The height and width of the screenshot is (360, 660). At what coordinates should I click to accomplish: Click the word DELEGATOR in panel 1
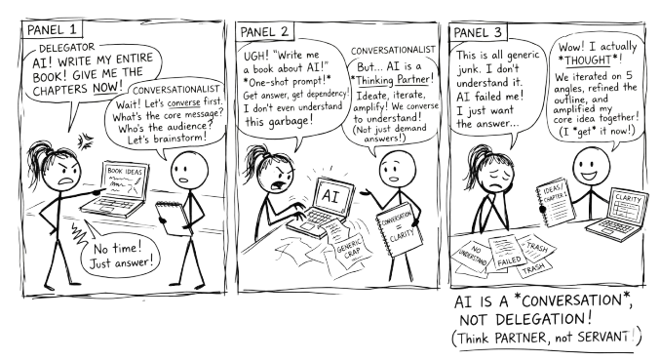click(x=62, y=46)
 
